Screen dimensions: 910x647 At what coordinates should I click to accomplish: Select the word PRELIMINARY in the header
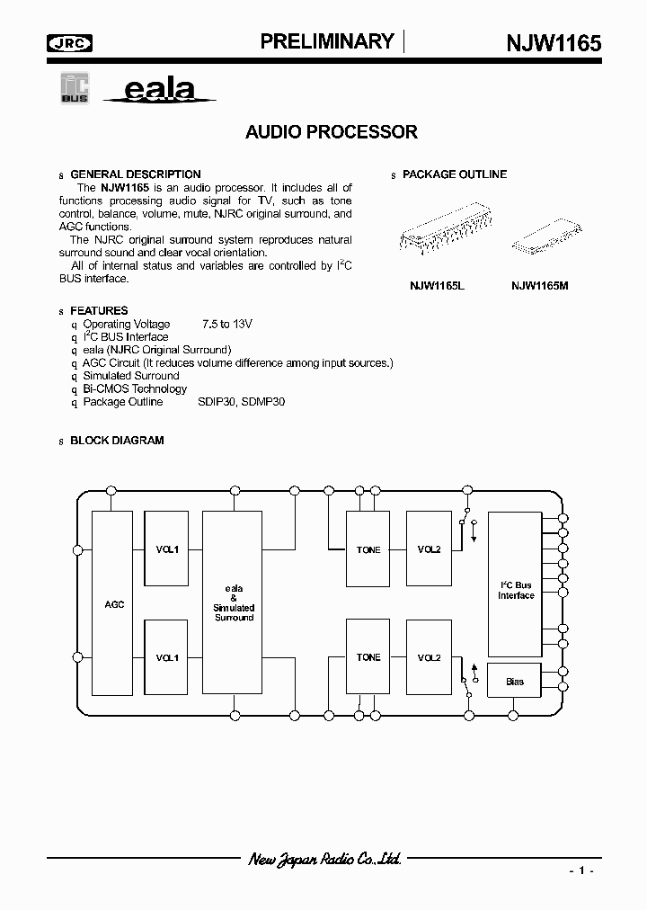click(x=327, y=41)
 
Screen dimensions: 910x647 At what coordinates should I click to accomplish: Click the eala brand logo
click(x=157, y=91)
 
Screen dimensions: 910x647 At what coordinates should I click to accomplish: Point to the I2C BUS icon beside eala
click(x=74, y=89)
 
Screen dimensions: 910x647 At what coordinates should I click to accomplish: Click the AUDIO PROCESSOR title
click(x=331, y=132)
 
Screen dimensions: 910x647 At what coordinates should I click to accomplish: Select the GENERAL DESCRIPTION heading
click(x=135, y=174)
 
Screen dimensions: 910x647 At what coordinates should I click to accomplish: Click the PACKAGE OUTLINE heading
click(x=454, y=174)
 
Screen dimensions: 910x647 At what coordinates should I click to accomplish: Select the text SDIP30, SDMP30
click(x=241, y=402)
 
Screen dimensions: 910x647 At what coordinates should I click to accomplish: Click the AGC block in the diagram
click(x=114, y=604)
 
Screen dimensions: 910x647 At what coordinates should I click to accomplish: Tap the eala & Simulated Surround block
click(x=234, y=602)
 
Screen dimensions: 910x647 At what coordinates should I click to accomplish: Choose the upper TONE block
click(x=368, y=549)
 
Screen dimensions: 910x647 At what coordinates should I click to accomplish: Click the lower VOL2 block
click(x=429, y=657)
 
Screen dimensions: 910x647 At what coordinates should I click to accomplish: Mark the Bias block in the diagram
click(x=515, y=682)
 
